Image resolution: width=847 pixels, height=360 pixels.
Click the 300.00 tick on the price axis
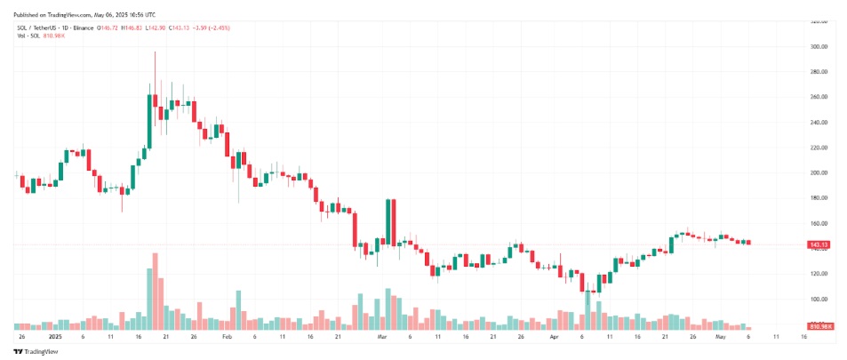point(819,46)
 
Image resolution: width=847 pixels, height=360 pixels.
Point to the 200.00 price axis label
point(819,172)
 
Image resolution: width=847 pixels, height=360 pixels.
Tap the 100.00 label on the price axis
point(819,300)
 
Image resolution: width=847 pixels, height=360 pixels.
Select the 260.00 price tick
point(819,97)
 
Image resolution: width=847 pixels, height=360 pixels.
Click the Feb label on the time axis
point(226,338)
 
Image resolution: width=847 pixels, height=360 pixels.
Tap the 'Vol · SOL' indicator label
point(30,38)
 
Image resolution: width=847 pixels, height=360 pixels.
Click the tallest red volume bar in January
point(155,292)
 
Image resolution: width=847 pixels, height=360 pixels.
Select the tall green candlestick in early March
point(388,222)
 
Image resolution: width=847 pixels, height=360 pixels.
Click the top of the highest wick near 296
point(155,52)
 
